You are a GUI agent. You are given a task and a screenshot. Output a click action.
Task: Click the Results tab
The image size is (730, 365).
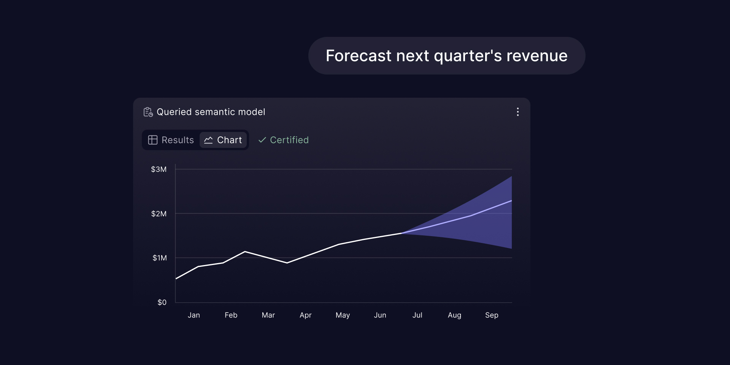coord(171,140)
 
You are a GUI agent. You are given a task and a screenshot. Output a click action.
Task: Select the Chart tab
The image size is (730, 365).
coord(223,140)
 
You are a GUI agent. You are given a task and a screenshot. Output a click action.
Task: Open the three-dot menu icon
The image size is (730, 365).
coord(518,112)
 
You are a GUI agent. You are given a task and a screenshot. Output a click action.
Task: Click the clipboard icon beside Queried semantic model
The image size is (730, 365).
coord(148,112)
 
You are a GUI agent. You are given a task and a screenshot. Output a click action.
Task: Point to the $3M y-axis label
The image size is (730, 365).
coord(159,169)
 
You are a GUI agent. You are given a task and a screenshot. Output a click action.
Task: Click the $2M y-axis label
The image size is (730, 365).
coord(159,214)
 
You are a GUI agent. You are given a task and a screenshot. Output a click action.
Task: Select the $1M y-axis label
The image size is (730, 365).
coord(160,258)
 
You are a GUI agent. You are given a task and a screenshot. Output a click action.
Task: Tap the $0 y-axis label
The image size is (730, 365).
coord(162,302)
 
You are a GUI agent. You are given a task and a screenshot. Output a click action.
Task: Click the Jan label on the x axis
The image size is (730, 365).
coord(194,315)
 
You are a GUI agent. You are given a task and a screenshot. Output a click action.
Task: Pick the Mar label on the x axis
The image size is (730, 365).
coord(268,315)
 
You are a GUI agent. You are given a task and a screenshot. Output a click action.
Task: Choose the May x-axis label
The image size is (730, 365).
coord(343,315)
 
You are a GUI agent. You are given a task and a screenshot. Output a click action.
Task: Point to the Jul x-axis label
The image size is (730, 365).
coord(417,315)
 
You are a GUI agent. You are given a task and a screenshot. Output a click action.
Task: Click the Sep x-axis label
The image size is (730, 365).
coord(492,315)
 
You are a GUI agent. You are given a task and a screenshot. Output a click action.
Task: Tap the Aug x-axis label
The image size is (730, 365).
coord(454,315)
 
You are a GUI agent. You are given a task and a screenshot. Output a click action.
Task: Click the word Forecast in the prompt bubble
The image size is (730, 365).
coord(359,56)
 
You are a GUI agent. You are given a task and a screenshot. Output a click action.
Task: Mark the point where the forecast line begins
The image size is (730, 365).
coord(401,233)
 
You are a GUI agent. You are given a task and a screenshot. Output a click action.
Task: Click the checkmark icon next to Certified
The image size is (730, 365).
coord(262,140)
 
